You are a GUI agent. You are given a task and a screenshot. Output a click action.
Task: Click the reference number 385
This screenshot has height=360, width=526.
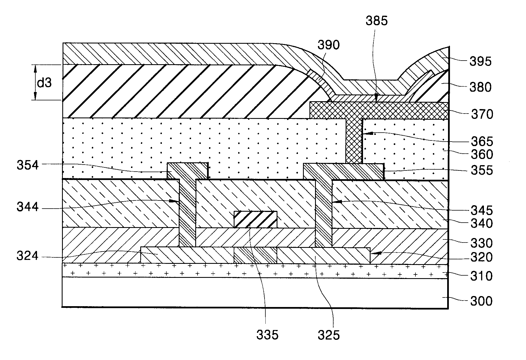376,21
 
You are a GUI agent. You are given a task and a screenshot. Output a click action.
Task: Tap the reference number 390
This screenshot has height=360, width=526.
329,45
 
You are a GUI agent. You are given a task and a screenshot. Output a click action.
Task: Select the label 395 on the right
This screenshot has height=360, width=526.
481,61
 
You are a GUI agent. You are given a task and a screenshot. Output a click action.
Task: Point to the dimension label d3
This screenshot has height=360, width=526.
44,83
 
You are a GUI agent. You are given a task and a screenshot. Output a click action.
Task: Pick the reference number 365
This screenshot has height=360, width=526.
482,142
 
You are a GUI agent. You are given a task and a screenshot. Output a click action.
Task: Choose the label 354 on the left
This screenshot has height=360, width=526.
27,165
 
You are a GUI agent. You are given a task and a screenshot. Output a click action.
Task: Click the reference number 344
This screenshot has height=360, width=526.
27,207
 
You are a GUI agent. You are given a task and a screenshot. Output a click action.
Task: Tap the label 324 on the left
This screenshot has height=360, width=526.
27,256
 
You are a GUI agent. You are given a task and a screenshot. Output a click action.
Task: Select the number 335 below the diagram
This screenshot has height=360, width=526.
267,335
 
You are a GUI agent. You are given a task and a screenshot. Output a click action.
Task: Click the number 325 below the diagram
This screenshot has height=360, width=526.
329,335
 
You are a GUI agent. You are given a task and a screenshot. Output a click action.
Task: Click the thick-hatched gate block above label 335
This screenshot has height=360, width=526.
255,219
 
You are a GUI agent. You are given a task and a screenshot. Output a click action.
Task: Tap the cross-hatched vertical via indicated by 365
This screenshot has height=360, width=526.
354,142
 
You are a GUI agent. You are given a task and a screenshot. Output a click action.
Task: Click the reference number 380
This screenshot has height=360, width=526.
481,87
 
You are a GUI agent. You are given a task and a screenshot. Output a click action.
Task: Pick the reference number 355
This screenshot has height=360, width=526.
482,170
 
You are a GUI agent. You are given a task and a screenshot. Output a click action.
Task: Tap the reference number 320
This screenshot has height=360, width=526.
482,257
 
